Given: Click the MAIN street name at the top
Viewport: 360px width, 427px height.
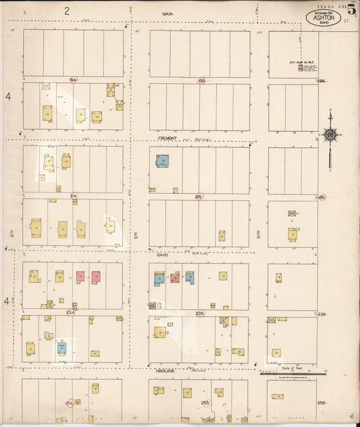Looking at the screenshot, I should pos(168,14).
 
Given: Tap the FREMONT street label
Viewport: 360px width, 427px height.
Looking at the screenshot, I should pos(168,138).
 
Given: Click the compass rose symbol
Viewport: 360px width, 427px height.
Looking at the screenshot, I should pos(330,135).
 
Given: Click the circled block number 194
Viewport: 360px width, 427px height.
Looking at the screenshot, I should pos(73,80).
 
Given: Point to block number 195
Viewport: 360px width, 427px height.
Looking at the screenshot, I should pos(201,80).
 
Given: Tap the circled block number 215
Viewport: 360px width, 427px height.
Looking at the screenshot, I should pos(199,197).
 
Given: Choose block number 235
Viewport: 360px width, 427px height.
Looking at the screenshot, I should pos(199,313).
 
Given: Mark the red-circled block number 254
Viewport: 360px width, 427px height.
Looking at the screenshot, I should pos(69,403).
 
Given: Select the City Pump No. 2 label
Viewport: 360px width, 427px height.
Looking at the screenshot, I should pos(299,62).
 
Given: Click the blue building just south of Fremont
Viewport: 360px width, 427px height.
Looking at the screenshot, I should pos(162,161).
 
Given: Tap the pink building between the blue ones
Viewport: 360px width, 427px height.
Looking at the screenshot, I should pos(174,278).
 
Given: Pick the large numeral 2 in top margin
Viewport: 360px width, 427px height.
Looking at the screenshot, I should pos(67,10).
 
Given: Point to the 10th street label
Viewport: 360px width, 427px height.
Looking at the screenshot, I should pos(259,234).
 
